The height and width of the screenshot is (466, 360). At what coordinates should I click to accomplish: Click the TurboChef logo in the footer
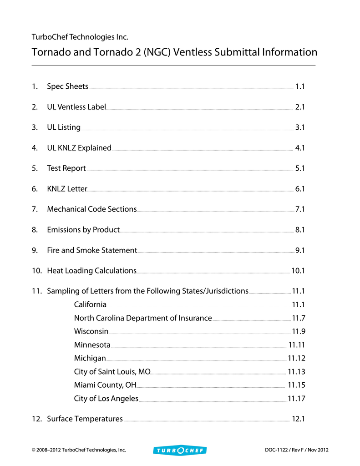[x=180, y=450]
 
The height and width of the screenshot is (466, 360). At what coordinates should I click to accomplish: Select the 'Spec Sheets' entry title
[x=67, y=86]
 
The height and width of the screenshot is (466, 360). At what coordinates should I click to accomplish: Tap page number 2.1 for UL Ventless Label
[x=299, y=107]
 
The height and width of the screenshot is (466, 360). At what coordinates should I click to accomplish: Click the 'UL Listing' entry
[x=64, y=127]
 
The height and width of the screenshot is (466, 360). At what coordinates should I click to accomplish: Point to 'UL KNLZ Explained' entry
[x=79, y=148]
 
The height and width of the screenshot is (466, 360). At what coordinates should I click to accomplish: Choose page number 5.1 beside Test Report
[x=299, y=168]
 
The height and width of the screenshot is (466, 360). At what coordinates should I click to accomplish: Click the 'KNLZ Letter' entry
[x=67, y=189]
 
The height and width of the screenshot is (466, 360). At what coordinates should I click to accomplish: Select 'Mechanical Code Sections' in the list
[x=91, y=209]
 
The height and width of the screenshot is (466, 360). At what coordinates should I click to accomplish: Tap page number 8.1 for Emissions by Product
[x=299, y=230]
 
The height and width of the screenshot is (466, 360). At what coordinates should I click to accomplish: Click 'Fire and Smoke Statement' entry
[x=92, y=250]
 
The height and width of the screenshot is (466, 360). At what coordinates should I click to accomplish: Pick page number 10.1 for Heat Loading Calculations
[x=298, y=271]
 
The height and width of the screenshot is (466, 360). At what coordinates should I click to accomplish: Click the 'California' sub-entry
[x=90, y=304]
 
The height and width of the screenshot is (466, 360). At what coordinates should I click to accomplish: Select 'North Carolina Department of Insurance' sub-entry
[x=143, y=318]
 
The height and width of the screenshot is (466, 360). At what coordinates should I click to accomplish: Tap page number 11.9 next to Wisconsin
[x=298, y=331]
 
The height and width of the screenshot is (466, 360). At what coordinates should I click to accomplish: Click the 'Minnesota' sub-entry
[x=92, y=344]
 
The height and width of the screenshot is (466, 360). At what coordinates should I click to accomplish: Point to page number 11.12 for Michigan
[x=296, y=358]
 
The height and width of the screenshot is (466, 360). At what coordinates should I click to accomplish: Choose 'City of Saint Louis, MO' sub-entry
[x=112, y=372]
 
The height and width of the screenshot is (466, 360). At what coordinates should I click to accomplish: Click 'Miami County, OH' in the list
[x=105, y=385]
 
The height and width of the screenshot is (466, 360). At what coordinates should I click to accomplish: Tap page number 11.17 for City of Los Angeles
[x=296, y=399]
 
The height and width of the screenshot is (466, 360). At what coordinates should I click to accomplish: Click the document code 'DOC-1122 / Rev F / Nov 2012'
[x=296, y=450]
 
